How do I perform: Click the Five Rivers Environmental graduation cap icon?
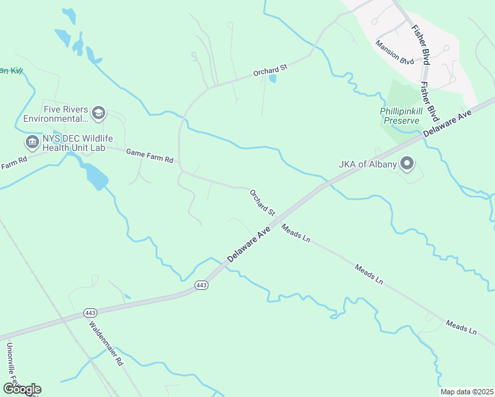[x=99, y=113]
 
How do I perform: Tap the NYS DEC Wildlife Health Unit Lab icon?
[x=32, y=142]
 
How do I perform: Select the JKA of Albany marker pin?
[x=407, y=163]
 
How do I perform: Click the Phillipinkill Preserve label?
[x=400, y=116]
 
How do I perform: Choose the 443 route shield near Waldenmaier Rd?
[x=91, y=312]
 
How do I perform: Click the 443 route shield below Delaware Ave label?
[x=202, y=285]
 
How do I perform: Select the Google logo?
[x=22, y=389]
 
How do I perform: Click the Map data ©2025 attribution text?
[x=467, y=392]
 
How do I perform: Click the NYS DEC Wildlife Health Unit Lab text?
[x=74, y=142]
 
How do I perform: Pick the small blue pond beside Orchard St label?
[x=273, y=79]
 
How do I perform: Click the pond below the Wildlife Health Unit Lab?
[x=95, y=175]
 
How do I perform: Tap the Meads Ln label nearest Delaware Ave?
[x=296, y=234]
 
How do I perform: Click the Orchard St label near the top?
[x=270, y=68]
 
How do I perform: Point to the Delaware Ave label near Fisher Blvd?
[x=447, y=124]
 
